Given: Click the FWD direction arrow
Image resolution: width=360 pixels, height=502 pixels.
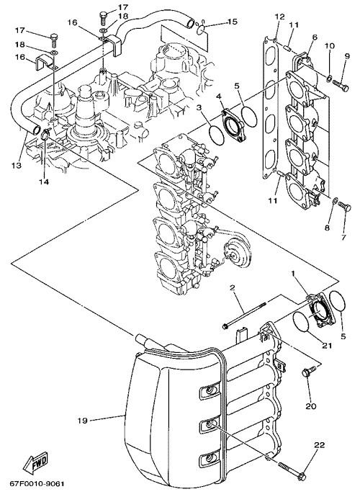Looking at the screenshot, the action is click(x=35, y=463).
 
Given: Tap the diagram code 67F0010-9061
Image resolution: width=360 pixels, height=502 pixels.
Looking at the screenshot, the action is click(x=37, y=483).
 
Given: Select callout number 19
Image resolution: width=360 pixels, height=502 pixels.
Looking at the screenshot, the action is click(x=82, y=421).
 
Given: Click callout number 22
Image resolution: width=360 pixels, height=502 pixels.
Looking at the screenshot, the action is click(x=319, y=444).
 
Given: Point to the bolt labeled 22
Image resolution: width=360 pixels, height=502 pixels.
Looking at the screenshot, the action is click(x=292, y=470).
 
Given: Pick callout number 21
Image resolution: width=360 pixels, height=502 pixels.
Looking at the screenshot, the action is click(x=326, y=346).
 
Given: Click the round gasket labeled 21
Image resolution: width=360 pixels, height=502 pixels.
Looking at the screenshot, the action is click(x=301, y=322).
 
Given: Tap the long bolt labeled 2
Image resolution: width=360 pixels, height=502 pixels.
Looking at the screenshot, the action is click(x=245, y=315).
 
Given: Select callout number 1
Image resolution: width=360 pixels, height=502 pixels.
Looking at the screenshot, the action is click(x=292, y=273).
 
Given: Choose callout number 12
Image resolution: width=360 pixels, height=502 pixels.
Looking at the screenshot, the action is click(x=279, y=17).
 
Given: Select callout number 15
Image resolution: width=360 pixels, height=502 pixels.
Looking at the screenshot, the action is click(x=233, y=22).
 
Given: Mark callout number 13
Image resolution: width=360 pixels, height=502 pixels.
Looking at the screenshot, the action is click(x=17, y=165).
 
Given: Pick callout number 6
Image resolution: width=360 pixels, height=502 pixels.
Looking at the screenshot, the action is click(x=314, y=37).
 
